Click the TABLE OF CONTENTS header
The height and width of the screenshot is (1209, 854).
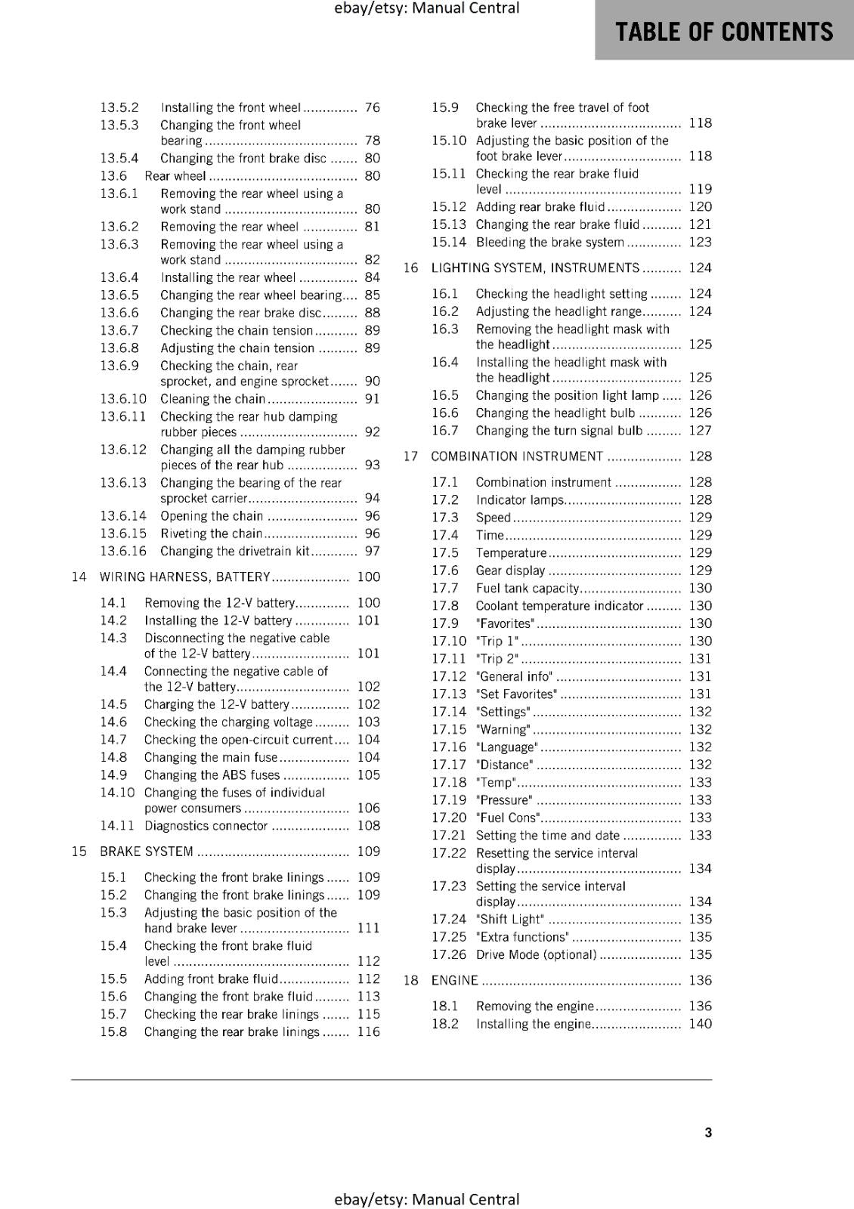pyautogui.click(x=723, y=32)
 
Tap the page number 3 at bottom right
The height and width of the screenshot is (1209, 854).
pyautogui.click(x=708, y=1132)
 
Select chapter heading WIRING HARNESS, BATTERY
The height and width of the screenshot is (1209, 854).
pyautogui.click(x=185, y=577)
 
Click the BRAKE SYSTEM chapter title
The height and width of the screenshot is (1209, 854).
pyautogui.click(x=147, y=852)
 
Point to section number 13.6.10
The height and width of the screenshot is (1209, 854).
pyautogui.click(x=123, y=399)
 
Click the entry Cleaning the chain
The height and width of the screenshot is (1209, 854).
pyautogui.click(x=213, y=399)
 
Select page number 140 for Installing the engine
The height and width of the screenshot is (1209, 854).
pyautogui.click(x=700, y=1024)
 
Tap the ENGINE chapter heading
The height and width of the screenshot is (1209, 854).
pyautogui.click(x=454, y=980)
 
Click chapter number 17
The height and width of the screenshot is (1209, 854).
pyautogui.click(x=410, y=456)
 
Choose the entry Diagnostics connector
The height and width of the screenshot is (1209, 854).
pyautogui.click(x=206, y=826)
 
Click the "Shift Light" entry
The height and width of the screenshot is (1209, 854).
pyautogui.click(x=510, y=920)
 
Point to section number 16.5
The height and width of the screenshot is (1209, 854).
pyautogui.click(x=445, y=395)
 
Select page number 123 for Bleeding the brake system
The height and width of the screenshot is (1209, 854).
pyautogui.click(x=700, y=242)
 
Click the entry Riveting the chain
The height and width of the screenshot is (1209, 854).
pyautogui.click(x=211, y=533)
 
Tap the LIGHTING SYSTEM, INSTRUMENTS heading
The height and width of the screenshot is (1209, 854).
pyautogui.click(x=535, y=268)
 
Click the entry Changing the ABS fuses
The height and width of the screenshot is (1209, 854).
pyautogui.click(x=212, y=775)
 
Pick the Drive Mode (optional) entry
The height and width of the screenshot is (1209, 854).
pyautogui.click(x=537, y=955)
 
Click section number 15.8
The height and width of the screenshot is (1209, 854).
pyautogui.click(x=113, y=1032)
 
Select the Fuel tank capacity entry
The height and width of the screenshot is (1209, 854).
pyautogui.click(x=528, y=588)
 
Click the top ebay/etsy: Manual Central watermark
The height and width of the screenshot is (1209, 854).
pyautogui.click(x=426, y=8)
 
